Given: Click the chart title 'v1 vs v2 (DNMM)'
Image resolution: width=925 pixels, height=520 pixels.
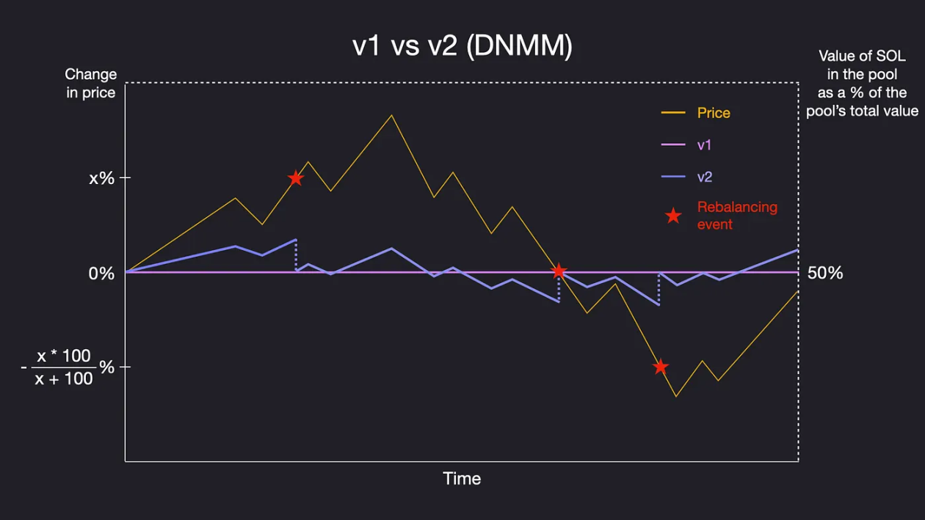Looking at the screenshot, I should tap(462, 45).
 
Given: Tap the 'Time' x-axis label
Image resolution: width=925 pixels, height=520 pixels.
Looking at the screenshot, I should tap(462, 479).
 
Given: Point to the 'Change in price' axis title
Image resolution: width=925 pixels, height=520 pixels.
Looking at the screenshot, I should tap(90, 83).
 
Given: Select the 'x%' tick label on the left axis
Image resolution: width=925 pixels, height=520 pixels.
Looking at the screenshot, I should tap(101, 177).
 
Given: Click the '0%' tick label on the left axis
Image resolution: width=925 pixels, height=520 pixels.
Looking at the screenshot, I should tap(101, 274).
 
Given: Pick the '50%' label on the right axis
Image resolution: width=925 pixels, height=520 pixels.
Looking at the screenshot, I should tap(825, 274).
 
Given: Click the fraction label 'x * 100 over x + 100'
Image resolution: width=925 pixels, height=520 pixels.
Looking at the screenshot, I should tap(65, 367).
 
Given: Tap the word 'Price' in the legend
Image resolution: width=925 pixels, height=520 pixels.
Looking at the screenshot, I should tap(714, 113).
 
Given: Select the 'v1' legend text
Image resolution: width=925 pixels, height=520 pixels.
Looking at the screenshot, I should tap(704, 145).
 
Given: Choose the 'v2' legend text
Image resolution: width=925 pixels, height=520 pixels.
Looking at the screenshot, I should tap(704, 177).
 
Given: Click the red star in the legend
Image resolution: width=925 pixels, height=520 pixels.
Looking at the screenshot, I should tap(673, 216).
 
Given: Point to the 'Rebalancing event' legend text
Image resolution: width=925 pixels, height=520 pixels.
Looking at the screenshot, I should tap(736, 216).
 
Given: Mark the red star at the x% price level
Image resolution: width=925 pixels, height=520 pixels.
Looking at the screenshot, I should tap(296, 178).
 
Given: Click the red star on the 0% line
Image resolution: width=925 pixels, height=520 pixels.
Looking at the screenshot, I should tap(559, 271).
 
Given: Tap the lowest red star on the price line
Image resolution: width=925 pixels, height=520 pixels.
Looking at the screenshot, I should tap(661, 367).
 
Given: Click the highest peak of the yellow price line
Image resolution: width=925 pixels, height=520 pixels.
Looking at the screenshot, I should tap(391, 115).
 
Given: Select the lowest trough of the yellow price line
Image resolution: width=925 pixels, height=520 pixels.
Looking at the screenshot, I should tap(675, 397).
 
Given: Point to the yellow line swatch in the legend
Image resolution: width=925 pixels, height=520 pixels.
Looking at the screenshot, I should tap(673, 113).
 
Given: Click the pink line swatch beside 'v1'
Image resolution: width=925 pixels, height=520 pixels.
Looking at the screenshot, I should tap(673, 145).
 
